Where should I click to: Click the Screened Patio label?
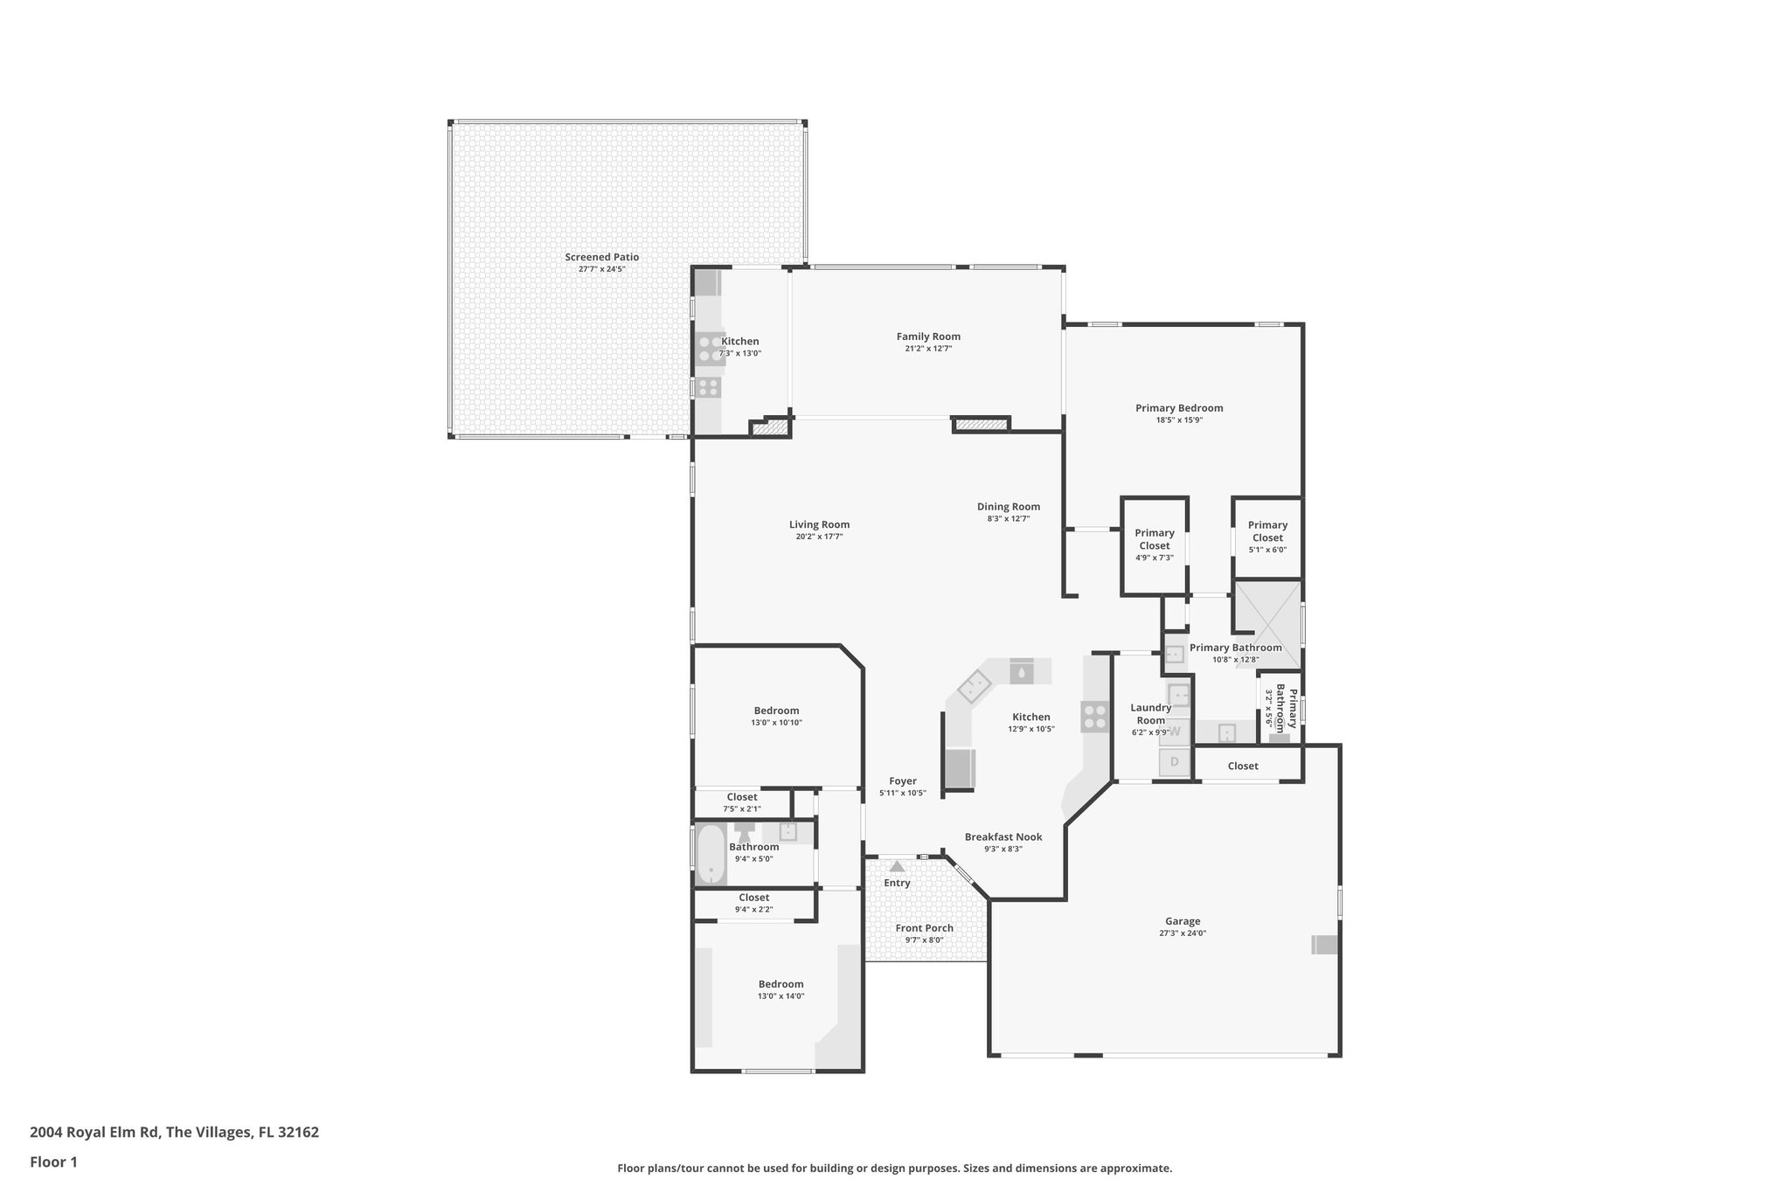(x=601, y=257)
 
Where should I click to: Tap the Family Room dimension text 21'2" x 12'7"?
(x=928, y=349)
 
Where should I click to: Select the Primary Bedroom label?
(x=1179, y=408)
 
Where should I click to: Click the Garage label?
(x=1182, y=921)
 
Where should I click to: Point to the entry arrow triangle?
(x=897, y=867)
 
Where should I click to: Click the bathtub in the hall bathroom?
(x=711, y=855)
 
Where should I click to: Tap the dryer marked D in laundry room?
(x=1175, y=762)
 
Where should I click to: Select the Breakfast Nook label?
(x=1003, y=837)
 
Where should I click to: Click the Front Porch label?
(x=924, y=928)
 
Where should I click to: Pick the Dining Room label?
(x=1008, y=507)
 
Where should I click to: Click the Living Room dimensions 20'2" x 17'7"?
(x=819, y=537)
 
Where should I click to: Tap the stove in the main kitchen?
(x=1095, y=717)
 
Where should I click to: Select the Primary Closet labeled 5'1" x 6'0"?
(x=1267, y=531)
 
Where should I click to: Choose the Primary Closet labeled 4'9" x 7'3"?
(x=1154, y=539)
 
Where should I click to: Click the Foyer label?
(x=903, y=781)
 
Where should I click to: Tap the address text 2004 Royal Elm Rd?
(x=94, y=1133)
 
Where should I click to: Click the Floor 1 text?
(x=54, y=1162)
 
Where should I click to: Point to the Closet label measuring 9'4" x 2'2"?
(x=753, y=898)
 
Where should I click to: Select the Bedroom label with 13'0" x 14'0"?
(x=781, y=984)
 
